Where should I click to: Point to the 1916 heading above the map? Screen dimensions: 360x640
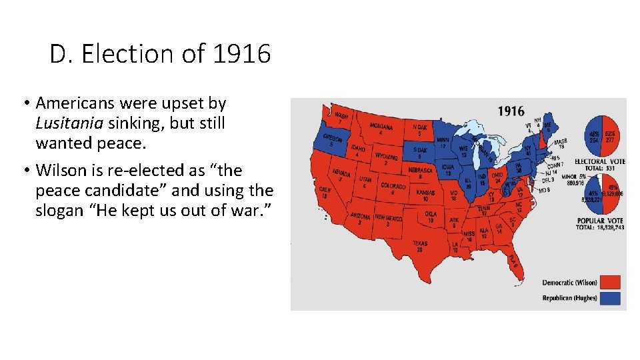tap(511, 111)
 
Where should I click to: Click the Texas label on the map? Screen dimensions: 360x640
tap(420, 245)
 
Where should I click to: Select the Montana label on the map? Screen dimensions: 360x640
tap(381, 126)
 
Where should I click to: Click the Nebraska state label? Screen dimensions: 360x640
tap(420, 170)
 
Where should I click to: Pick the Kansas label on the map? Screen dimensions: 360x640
tap(425, 193)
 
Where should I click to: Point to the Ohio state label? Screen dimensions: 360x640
tap(497, 176)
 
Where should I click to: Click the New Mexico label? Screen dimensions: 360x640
tap(388, 218)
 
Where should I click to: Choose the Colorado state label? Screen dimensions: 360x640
tap(393, 187)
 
